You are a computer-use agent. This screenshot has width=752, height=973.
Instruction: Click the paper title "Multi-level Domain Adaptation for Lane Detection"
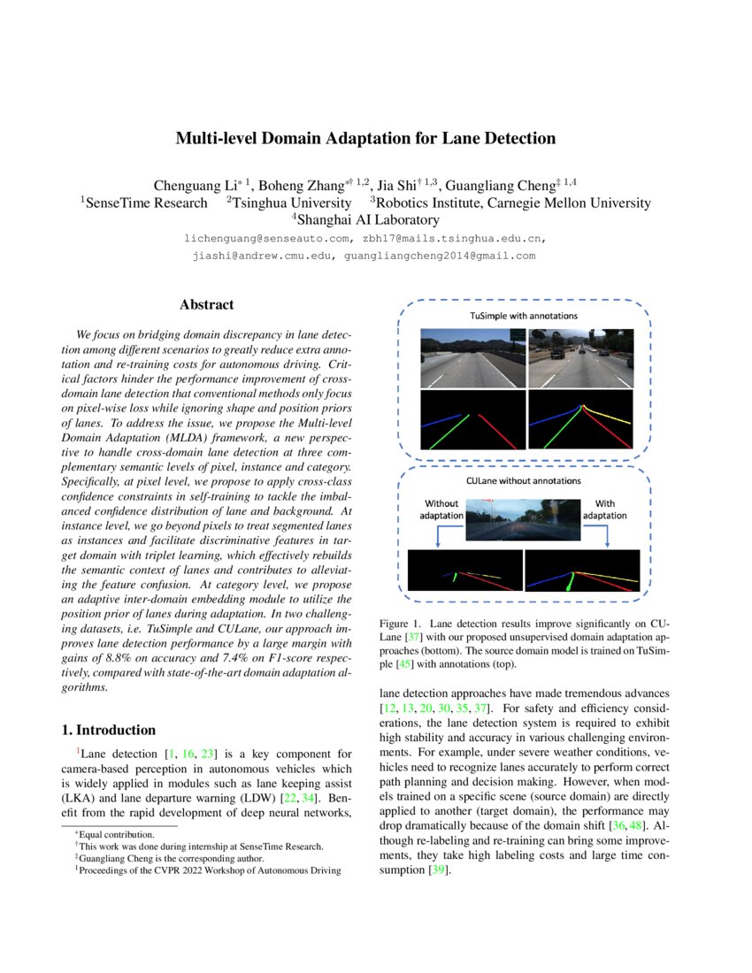[365, 139]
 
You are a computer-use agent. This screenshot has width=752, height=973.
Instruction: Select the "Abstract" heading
[206, 305]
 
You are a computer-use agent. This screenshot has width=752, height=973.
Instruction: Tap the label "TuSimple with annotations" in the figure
[523, 316]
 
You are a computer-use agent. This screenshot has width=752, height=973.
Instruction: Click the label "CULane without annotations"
[523, 480]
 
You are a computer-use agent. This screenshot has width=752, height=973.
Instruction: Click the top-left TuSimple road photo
[471, 357]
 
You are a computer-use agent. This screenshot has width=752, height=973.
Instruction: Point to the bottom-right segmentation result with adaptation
[581, 571]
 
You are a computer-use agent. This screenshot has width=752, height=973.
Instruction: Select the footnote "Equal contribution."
[117, 834]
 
